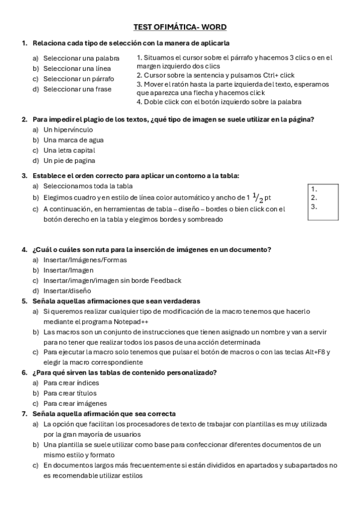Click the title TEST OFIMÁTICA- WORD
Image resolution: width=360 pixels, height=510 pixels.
(180, 27)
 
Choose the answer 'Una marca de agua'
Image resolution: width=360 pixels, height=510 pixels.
(73, 140)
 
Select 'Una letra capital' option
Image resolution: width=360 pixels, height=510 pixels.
(70, 150)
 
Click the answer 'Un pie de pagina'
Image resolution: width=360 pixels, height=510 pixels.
(69, 161)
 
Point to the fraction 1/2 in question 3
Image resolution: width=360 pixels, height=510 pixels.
(257, 197)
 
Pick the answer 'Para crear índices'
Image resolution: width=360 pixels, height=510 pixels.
(72, 382)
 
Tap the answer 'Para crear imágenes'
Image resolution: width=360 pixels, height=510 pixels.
(75, 403)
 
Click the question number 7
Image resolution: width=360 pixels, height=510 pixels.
(24, 414)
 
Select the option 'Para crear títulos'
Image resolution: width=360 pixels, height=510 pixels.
(70, 393)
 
